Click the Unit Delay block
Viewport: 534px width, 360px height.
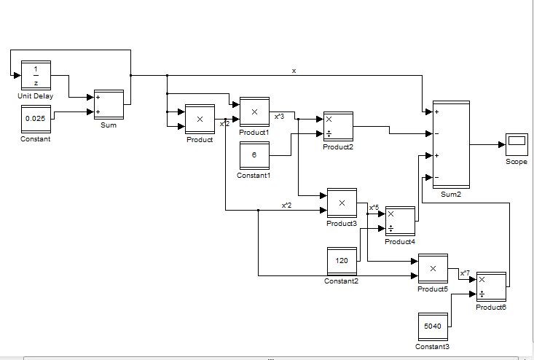(x=36, y=77)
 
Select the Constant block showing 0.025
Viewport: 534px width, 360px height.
(x=36, y=119)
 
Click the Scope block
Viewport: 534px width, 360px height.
(x=517, y=144)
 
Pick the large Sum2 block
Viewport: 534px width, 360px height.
(x=451, y=144)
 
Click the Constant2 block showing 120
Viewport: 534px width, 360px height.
(x=342, y=261)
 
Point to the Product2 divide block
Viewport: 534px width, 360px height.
(x=338, y=127)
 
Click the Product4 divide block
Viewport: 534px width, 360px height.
(x=400, y=221)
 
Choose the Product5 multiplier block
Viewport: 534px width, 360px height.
(x=433, y=269)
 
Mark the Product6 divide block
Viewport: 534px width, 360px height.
(x=490, y=286)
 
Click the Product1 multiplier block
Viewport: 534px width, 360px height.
(x=254, y=112)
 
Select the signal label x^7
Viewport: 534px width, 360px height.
(x=465, y=273)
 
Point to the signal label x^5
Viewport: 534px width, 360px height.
(x=374, y=208)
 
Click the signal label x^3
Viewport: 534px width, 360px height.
(x=280, y=116)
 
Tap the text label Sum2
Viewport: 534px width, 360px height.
(x=451, y=195)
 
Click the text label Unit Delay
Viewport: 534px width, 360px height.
(x=36, y=96)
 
